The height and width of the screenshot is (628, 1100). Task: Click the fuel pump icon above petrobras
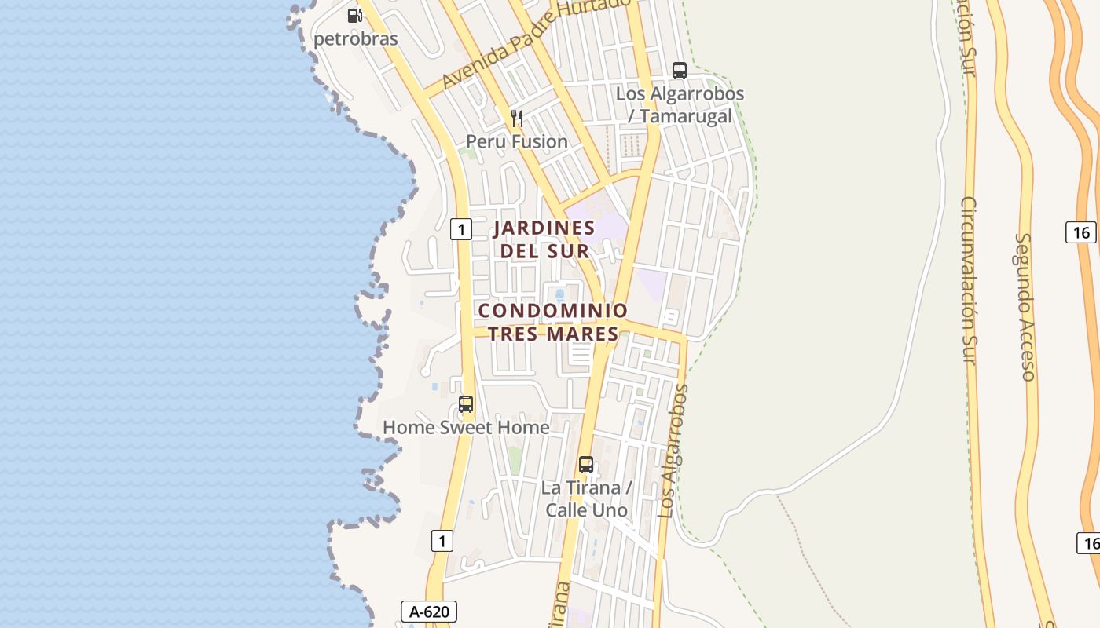click(x=355, y=15)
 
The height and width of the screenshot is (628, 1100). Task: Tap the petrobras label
click(x=356, y=38)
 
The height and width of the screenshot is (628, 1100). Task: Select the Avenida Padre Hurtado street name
click(x=535, y=44)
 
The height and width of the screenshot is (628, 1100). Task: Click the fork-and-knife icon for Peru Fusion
click(x=517, y=119)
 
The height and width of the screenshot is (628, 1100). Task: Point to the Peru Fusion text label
click(x=517, y=142)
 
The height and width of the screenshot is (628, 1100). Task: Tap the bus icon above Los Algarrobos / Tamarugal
click(x=680, y=71)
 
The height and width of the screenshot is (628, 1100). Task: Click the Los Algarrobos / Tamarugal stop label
click(x=680, y=104)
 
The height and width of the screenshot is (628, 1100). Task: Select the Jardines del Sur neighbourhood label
click(x=544, y=239)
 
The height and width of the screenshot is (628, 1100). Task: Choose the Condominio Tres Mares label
click(x=554, y=322)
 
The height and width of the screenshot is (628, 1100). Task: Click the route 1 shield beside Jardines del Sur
click(x=460, y=229)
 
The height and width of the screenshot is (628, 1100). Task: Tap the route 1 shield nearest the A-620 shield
click(x=442, y=540)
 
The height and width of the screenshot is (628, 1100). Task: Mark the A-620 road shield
click(x=429, y=612)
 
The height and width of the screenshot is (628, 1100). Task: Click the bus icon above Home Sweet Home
click(x=466, y=404)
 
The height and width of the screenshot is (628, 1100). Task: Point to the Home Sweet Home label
click(x=466, y=428)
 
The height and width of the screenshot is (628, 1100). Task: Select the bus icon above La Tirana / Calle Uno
click(x=586, y=464)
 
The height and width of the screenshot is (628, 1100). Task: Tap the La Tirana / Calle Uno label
click(x=587, y=498)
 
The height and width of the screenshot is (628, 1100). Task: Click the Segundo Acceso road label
click(x=1025, y=306)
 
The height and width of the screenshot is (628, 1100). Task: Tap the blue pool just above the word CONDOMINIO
click(x=559, y=295)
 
